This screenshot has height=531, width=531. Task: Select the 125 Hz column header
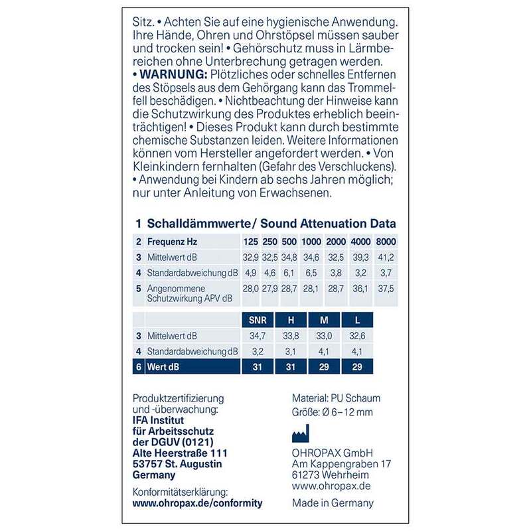250,242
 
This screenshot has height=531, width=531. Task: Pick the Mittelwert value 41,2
386,257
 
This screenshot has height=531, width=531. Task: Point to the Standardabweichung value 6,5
310,272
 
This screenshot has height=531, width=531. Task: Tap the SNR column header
256,321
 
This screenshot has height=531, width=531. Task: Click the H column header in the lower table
290,321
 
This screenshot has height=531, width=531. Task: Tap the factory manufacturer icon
301,434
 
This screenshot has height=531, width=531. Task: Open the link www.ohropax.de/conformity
198,503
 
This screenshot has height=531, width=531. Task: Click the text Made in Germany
333,503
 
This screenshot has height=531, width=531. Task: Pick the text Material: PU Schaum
337,398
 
